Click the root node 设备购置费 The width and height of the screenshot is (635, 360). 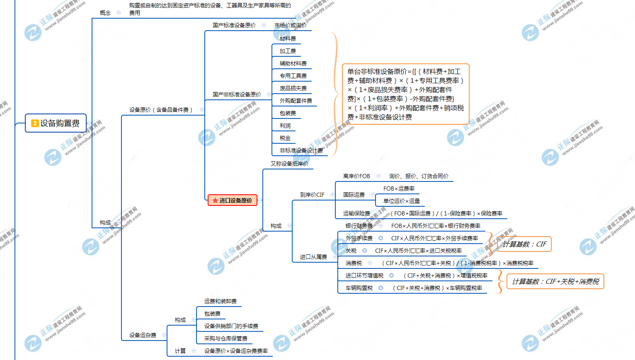pos(56,123)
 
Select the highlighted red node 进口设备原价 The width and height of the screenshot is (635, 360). pos(233,201)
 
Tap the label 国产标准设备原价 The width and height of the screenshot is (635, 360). pos(234,25)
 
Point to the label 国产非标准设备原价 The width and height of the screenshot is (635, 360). pos(237,94)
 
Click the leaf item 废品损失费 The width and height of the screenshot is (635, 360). pos(293,88)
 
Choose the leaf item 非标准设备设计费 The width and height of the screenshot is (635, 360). pos(301,150)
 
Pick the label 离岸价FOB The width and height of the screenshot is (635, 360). pos(356,176)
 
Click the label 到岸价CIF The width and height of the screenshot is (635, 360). pos(312,195)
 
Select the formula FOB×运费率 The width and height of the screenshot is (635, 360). pos(399,188)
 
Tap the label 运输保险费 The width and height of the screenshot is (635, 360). pos(356,213)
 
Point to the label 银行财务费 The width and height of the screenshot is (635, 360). pos(359,226)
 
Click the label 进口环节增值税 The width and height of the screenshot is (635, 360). pos(364,275)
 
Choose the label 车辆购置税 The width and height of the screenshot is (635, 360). pos(359,288)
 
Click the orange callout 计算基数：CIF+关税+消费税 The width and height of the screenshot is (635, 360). pos(555,282)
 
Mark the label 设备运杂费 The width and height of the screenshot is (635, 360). pos(143,335)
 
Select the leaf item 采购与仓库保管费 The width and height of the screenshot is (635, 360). pos(225,338)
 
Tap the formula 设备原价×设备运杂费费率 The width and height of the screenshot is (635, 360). pos(236,351)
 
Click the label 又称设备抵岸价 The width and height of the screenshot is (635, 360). pos(289,164)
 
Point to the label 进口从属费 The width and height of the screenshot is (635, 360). pos(313,257)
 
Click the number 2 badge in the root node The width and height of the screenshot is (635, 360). pos(35,123)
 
